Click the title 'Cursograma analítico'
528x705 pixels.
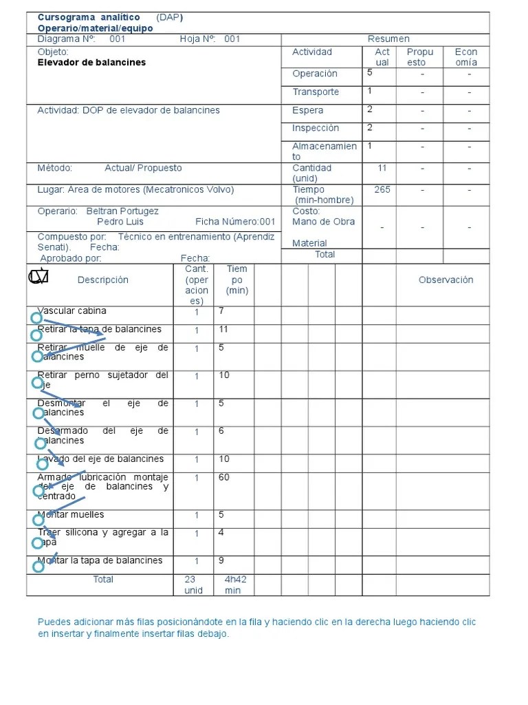click(x=89, y=17)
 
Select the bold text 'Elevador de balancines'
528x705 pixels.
click(x=91, y=63)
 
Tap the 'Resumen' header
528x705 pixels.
click(x=388, y=39)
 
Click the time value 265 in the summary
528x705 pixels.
click(x=382, y=190)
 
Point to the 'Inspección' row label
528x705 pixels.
click(x=316, y=128)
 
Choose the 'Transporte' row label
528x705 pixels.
click(x=316, y=92)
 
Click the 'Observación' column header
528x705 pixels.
click(x=445, y=280)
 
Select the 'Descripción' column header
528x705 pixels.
click(x=103, y=280)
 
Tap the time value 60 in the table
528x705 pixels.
click(x=224, y=478)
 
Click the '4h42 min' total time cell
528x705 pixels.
click(x=235, y=585)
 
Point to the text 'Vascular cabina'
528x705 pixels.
click(x=72, y=311)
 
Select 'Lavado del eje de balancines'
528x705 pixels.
click(x=100, y=459)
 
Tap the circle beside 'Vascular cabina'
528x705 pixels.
click(x=36, y=318)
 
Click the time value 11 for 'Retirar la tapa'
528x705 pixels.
click(x=223, y=330)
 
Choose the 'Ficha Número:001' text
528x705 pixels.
click(x=235, y=222)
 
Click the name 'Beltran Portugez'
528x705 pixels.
click(x=122, y=211)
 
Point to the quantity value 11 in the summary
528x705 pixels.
click(x=382, y=168)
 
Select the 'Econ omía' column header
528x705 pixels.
click(x=466, y=57)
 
